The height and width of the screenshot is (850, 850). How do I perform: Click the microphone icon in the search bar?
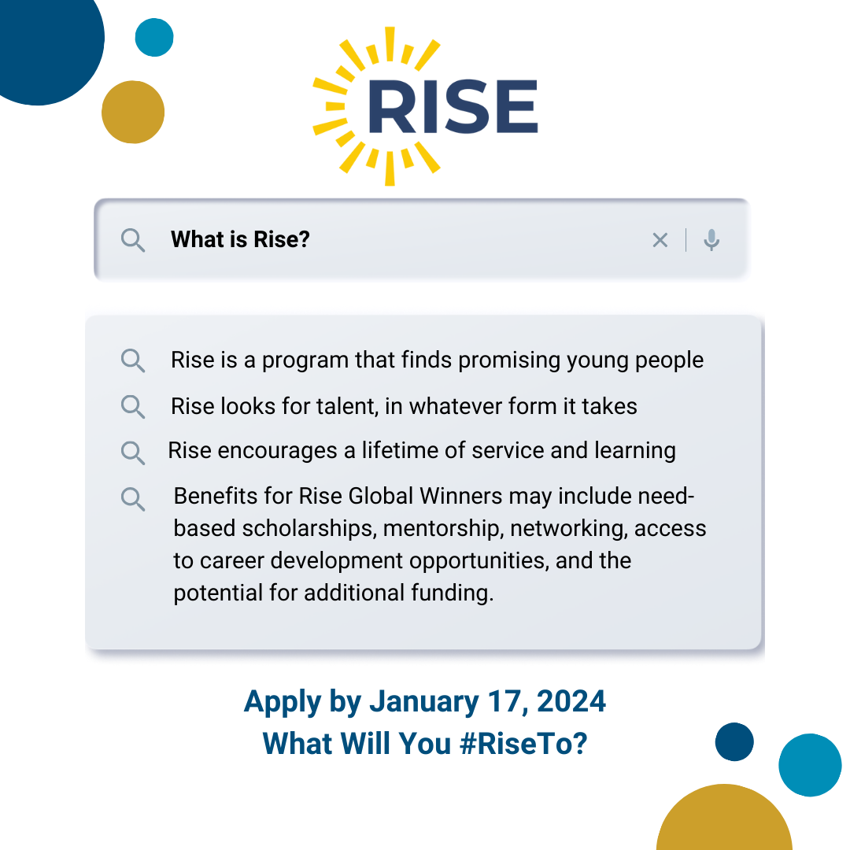pos(711,239)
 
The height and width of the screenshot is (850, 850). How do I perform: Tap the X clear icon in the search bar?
pos(660,239)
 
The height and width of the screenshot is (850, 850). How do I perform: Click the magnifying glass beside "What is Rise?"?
pos(133,240)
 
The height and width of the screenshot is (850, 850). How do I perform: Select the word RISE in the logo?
pos(453,106)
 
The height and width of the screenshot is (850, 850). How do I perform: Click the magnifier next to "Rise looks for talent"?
pos(133,407)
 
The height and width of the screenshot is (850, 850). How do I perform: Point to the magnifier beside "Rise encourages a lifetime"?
pos(133,453)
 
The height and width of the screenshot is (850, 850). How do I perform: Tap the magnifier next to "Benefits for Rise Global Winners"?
pos(133,499)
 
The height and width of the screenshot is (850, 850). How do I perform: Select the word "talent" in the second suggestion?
pos(348,407)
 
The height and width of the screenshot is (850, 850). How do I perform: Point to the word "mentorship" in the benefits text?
pos(443,529)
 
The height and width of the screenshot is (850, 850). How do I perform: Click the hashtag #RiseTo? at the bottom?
pos(523,743)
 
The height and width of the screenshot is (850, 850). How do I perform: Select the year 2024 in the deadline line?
pos(571,701)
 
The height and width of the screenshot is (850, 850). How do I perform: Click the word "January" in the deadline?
pos(424,702)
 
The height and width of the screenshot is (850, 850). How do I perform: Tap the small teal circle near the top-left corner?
pos(154,38)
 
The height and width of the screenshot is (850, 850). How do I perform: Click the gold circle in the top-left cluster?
pos(133,113)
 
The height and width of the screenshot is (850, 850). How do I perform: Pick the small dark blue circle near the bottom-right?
pos(734,741)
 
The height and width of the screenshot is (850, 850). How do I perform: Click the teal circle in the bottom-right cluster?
pos(810,765)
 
